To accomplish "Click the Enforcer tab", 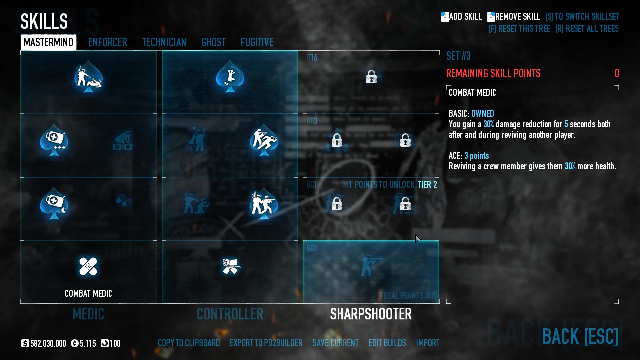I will [107, 43].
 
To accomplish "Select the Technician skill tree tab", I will [164, 43].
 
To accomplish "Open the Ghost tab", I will [213, 43].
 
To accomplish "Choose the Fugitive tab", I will [257, 43].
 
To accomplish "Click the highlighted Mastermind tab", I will [48, 43].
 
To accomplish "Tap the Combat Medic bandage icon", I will [88, 266].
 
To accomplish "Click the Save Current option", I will [335, 343].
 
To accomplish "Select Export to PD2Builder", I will [266, 343].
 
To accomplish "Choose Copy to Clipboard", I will [189, 343].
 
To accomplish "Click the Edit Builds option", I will [387, 343].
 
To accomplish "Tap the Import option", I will [428, 343].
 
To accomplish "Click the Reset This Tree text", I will [519, 29].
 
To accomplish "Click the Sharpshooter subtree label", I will [371, 314].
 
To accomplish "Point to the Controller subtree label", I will [230, 314].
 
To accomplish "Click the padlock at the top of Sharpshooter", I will [371, 77].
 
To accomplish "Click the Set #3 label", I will [458, 56].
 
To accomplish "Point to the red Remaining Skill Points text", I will [493, 74].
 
